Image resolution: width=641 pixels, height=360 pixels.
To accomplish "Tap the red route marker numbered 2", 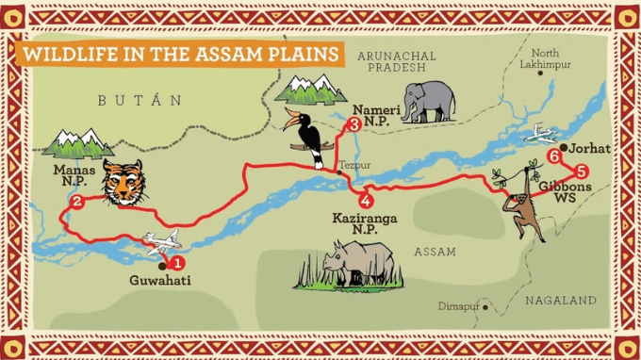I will click(x=76, y=201).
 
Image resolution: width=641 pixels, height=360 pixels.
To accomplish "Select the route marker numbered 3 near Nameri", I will click(x=353, y=124).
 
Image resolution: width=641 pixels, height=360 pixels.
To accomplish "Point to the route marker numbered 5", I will click(x=581, y=172).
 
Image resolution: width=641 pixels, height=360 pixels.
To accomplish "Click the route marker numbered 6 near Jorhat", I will click(x=553, y=157).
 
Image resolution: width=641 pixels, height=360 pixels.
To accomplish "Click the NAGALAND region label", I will click(x=561, y=300).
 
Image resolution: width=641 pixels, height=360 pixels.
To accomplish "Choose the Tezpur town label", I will click(x=355, y=164).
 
